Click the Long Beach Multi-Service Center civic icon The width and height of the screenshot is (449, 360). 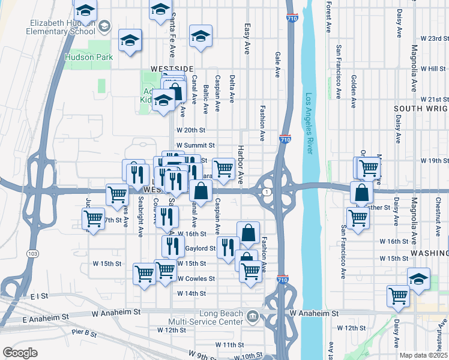(x=253, y=316)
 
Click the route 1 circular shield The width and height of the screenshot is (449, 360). (x=267, y=191)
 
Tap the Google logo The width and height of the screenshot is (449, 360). (x=20, y=353)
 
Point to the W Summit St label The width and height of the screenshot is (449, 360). (x=195, y=145)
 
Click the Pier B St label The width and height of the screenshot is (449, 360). (x=85, y=332)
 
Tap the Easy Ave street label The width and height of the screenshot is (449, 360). (x=247, y=39)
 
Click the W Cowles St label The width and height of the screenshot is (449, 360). (x=196, y=279)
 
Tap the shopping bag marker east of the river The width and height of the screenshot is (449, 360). (x=361, y=194)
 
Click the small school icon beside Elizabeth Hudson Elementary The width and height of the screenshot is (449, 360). (x=104, y=26)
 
